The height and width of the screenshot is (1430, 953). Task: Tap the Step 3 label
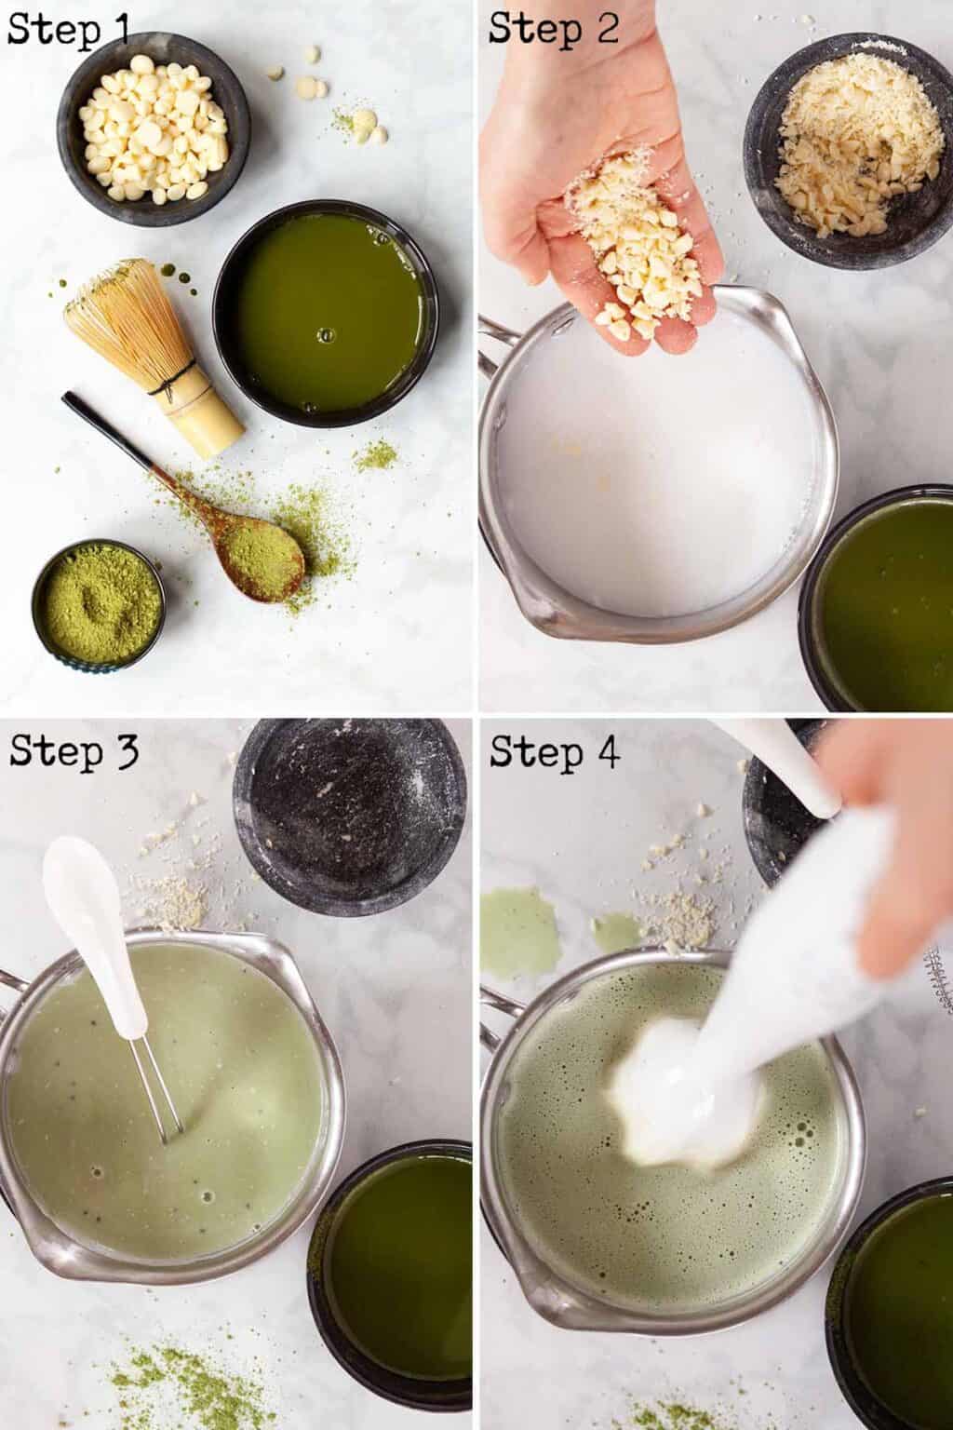pos(74,750)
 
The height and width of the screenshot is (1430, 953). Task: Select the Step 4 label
pos(555,750)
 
